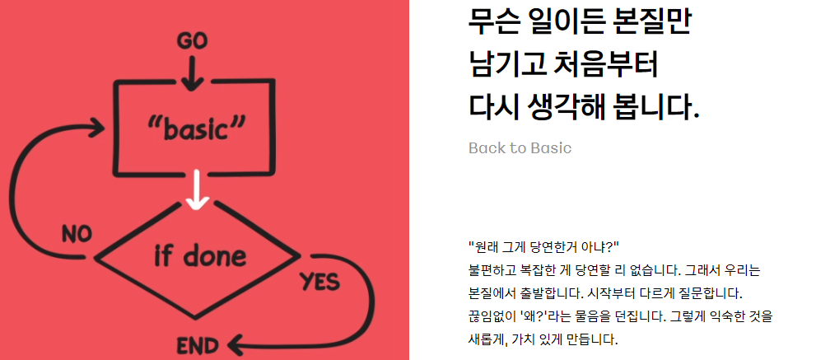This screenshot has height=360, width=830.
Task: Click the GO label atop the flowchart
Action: [x=192, y=40]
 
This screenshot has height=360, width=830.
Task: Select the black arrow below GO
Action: [x=192, y=74]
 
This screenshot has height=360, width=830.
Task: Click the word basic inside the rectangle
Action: [x=198, y=129]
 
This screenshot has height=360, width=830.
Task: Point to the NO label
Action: [x=77, y=234]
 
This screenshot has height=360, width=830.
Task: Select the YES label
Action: [x=319, y=282]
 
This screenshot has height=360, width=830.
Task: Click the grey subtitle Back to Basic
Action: [x=520, y=148]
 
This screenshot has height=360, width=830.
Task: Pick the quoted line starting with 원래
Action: [x=543, y=246]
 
